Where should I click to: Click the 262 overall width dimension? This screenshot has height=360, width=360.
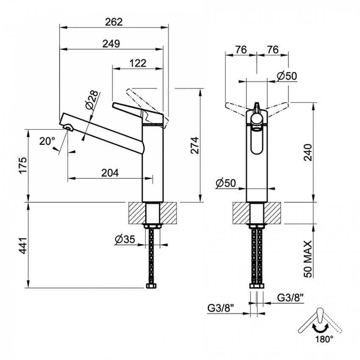click(x=114, y=22)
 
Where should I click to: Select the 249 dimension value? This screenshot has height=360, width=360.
click(x=111, y=43)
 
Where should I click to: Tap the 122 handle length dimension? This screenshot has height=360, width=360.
click(x=138, y=63)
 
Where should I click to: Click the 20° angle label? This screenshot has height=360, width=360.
click(x=47, y=141)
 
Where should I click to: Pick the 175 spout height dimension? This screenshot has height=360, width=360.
click(x=23, y=166)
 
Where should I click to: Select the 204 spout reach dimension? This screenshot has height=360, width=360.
click(x=110, y=173)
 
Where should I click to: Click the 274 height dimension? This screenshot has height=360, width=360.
click(x=195, y=145)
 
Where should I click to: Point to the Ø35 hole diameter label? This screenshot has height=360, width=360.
click(x=125, y=239)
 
